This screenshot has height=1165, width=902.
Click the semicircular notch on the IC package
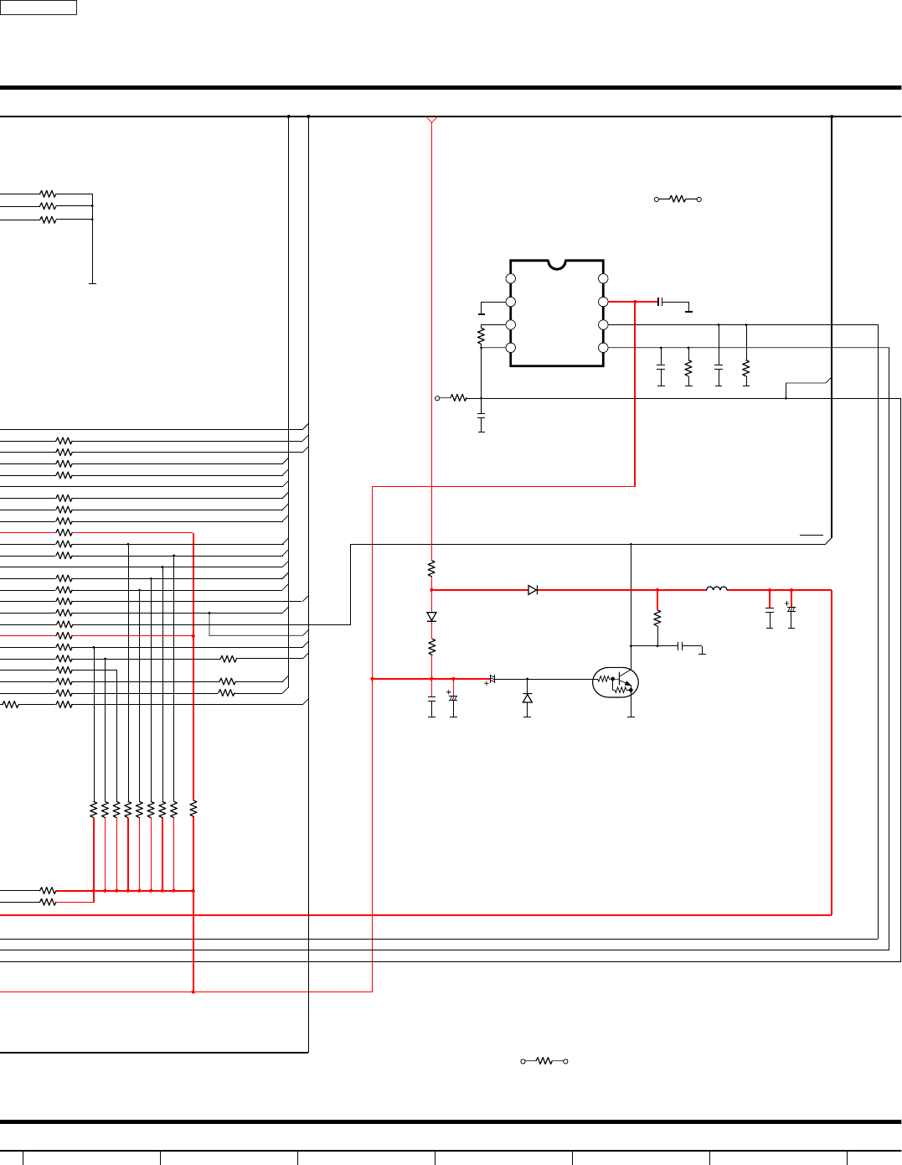pyautogui.click(x=557, y=265)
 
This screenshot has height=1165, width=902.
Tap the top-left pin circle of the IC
pyautogui.click(x=511, y=278)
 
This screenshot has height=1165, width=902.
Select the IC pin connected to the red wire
pyautogui.click(x=603, y=302)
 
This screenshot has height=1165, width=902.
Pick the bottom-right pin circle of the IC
pyautogui.click(x=603, y=348)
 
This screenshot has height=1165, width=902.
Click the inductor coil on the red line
pyautogui.click(x=717, y=589)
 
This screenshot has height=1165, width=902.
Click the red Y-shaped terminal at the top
pyautogui.click(x=431, y=120)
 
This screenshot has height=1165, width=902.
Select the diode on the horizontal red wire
pyautogui.click(x=533, y=590)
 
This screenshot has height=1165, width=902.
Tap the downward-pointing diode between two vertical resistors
pyautogui.click(x=431, y=617)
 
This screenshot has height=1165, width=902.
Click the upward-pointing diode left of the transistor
pyautogui.click(x=527, y=698)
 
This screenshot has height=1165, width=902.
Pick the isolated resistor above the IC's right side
pyautogui.click(x=677, y=199)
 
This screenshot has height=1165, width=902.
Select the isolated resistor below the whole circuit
pyautogui.click(x=544, y=1061)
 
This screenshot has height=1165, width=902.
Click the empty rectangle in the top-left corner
pyautogui.click(x=39, y=8)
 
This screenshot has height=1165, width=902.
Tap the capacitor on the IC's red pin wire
pyautogui.click(x=661, y=302)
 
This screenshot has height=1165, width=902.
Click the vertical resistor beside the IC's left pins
pyautogui.click(x=481, y=337)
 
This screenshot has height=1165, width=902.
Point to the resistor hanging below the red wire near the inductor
pyautogui.click(x=657, y=619)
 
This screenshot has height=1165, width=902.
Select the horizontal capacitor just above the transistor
pyautogui.click(x=681, y=646)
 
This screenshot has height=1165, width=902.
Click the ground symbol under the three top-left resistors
pyautogui.click(x=92, y=283)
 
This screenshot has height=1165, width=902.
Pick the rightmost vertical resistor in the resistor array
pyautogui.click(x=193, y=810)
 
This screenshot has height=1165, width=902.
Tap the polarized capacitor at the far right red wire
pyautogui.click(x=791, y=609)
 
